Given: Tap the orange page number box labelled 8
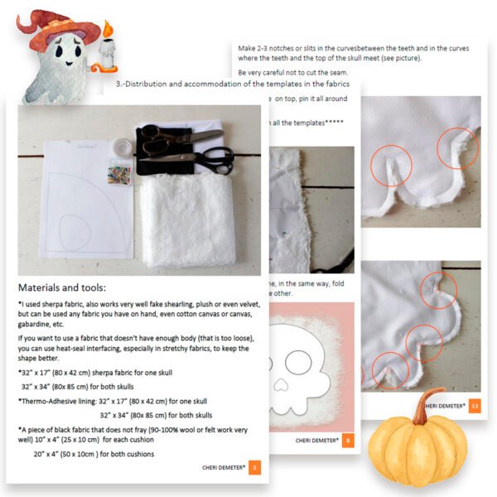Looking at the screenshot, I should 347,440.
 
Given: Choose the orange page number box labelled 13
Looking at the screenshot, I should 475,406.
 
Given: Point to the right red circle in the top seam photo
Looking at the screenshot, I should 458,147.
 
